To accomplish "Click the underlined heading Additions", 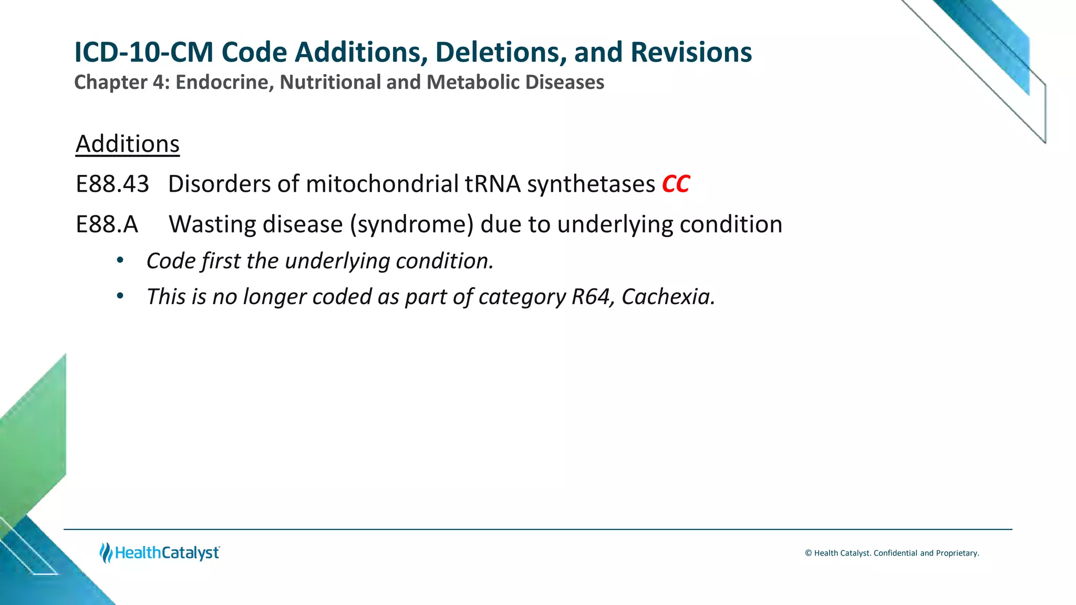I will [x=128, y=144].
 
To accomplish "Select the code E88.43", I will [x=112, y=184].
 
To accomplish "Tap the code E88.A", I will [x=107, y=225].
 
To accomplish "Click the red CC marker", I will [x=676, y=184].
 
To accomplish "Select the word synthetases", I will [x=591, y=184].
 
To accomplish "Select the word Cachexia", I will [x=668, y=297].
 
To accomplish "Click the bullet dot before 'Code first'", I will [x=120, y=260].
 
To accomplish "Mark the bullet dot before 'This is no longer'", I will [x=120, y=296].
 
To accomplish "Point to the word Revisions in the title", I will [x=691, y=53].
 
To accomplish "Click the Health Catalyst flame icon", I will [x=106, y=552].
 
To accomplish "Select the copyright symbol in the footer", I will [x=809, y=553].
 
